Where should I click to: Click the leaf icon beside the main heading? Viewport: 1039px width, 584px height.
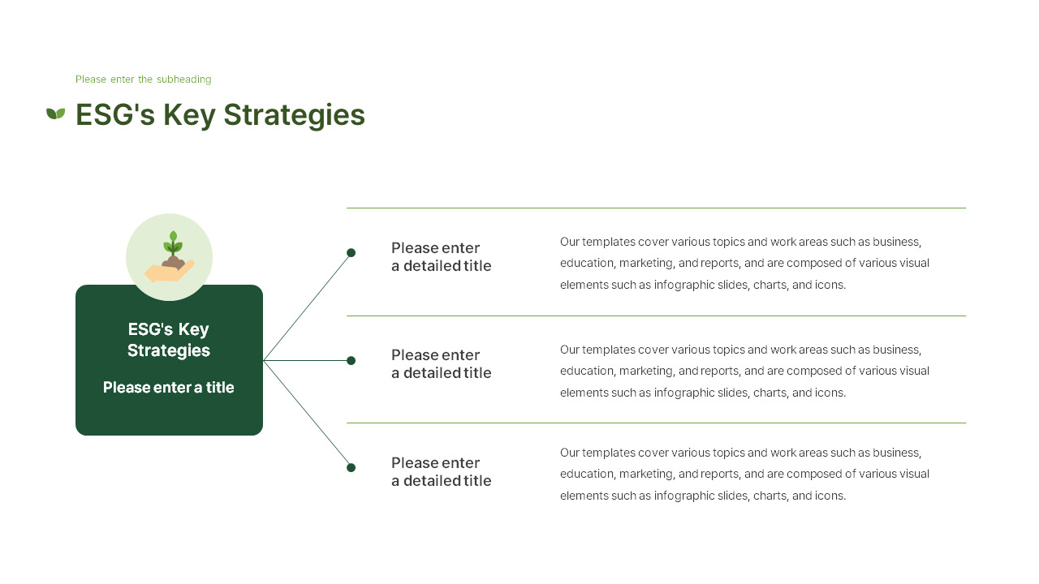coord(55,114)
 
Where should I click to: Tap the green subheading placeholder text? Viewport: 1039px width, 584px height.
coord(143,79)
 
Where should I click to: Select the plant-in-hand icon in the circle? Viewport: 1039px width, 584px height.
coord(170,256)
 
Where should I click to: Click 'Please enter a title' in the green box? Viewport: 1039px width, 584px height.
coord(169,388)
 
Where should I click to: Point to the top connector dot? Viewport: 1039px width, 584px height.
coord(351,253)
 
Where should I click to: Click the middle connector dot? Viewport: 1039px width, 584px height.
coord(351,361)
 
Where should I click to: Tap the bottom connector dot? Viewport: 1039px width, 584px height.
coord(351,468)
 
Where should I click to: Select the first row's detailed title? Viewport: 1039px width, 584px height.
coord(441,257)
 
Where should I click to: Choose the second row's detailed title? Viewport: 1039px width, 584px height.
coord(441,364)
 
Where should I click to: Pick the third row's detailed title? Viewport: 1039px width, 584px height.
coord(441,472)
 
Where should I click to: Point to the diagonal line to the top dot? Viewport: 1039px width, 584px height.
coord(307,307)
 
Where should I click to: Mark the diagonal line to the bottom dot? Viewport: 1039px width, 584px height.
coord(307,414)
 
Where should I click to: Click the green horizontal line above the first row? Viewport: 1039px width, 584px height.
coord(656,208)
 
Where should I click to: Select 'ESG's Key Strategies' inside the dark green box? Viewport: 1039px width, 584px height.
coord(169,340)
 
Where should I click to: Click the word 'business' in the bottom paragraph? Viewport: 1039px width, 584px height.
coord(896,453)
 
